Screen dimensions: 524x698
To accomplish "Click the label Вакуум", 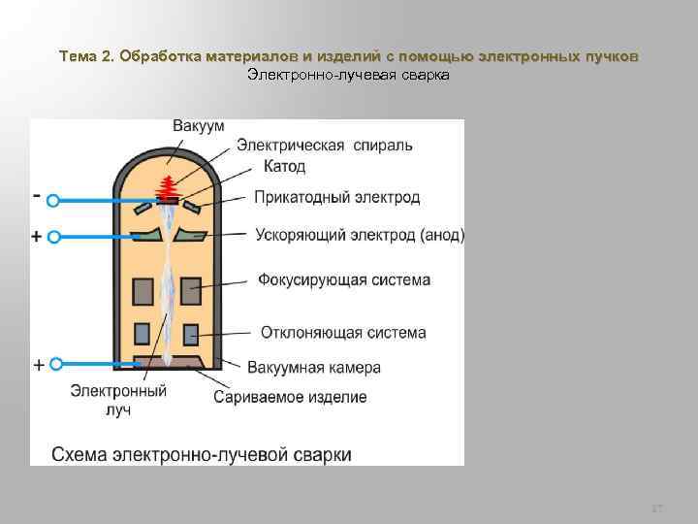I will tap(199, 126).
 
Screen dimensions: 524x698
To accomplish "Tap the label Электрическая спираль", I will tap(323, 146).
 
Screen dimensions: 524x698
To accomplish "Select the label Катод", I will tap(283, 167).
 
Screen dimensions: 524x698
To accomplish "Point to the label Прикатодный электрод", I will tap(336, 198).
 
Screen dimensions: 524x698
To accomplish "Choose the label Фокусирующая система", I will tap(343, 280).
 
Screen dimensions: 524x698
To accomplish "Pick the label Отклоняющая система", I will tap(342, 333).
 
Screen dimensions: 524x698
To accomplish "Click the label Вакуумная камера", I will tap(313, 368).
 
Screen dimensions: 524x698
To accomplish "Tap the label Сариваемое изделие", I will tap(290, 397).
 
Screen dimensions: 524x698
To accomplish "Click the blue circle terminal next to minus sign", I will tap(54, 201).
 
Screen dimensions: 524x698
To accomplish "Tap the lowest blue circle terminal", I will tap(56, 363).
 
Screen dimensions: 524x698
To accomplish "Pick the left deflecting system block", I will tap(143, 334).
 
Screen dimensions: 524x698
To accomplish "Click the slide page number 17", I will tap(657, 508).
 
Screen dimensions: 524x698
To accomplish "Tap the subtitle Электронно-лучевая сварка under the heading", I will tap(348, 75).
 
